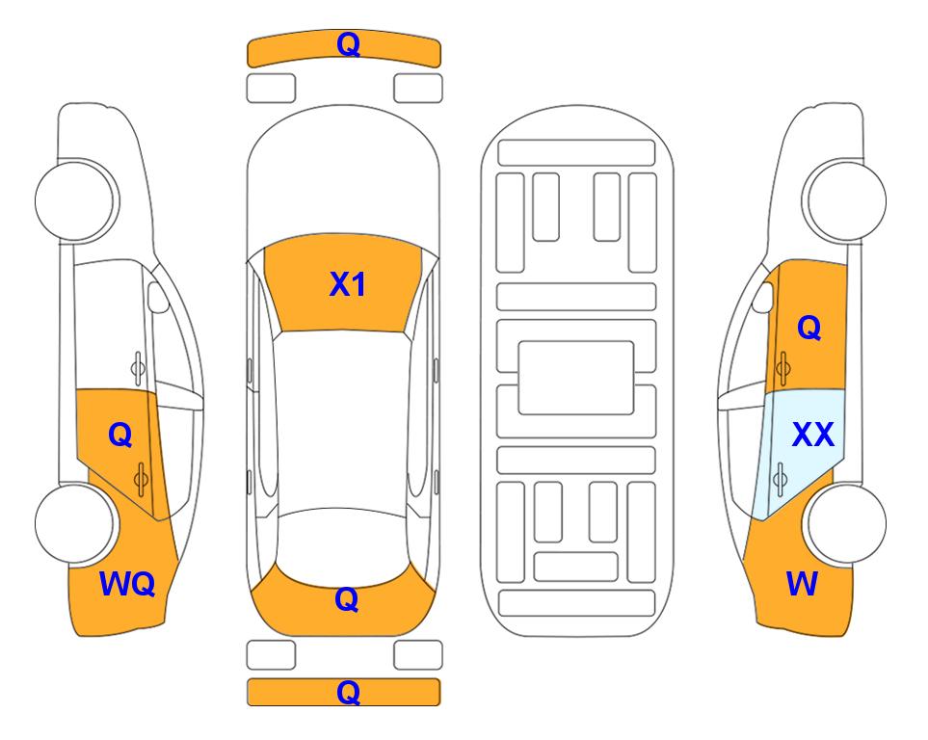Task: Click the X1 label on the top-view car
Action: click(x=348, y=284)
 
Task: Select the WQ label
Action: click(x=127, y=584)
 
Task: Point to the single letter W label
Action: click(x=802, y=583)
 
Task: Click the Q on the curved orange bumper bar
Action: click(x=348, y=44)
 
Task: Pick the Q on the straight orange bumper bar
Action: click(x=348, y=692)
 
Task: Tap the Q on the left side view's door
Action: click(x=120, y=436)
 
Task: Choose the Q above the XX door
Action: click(x=809, y=328)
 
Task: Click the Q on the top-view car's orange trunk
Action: click(x=347, y=599)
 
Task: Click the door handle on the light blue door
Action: click(x=780, y=479)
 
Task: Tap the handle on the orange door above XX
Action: click(x=782, y=368)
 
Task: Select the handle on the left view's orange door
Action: click(x=141, y=479)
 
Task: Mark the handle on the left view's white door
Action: click(x=137, y=368)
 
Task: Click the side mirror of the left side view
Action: click(x=158, y=297)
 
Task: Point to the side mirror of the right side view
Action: click(x=763, y=297)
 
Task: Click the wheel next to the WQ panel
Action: click(x=75, y=523)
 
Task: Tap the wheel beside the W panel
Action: click(x=846, y=523)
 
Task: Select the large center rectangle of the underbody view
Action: click(x=576, y=378)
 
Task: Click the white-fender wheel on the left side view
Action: click(x=75, y=200)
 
